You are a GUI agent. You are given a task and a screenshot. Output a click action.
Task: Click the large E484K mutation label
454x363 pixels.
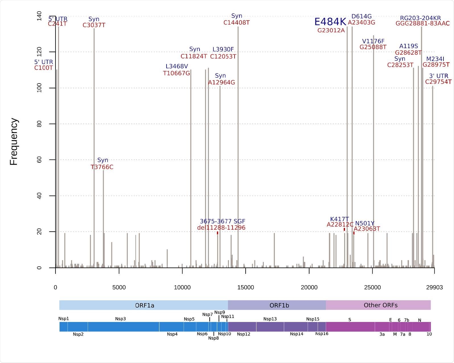point(330,22)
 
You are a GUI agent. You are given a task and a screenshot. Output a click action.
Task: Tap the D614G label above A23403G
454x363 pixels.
point(361,16)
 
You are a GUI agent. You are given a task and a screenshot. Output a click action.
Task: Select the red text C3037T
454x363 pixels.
point(94,25)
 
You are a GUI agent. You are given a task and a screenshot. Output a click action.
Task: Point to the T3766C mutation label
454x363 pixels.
point(102,167)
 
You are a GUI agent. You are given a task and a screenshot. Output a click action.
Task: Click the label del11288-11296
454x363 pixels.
point(221,228)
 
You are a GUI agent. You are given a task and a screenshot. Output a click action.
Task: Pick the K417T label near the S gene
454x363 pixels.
point(339,219)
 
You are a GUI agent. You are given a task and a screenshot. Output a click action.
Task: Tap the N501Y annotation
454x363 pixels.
point(365,223)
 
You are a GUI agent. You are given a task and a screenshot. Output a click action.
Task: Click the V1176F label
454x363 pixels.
point(373,41)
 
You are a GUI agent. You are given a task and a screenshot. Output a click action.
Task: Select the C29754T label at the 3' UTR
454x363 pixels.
point(438,82)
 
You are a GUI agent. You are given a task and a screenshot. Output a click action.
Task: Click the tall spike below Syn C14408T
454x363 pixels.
point(238,142)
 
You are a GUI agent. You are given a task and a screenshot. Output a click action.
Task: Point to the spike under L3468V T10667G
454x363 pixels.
point(191,171)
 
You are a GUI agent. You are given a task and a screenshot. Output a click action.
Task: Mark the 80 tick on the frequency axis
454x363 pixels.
point(40,124)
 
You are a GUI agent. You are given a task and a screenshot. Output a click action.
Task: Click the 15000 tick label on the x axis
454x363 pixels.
point(245,287)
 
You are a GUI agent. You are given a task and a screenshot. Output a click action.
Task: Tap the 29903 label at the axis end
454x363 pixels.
point(434,287)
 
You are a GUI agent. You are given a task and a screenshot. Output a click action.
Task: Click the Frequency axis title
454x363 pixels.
point(14,142)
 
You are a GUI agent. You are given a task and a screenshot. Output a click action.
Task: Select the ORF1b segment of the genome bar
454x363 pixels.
point(279,305)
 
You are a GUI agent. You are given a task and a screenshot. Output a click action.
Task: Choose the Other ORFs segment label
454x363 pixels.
point(381,305)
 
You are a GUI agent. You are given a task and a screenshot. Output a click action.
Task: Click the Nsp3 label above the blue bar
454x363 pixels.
point(120,319)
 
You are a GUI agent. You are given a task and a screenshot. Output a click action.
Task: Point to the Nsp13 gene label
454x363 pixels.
point(270,319)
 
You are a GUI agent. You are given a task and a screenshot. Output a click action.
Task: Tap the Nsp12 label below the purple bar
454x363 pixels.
point(243,334)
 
